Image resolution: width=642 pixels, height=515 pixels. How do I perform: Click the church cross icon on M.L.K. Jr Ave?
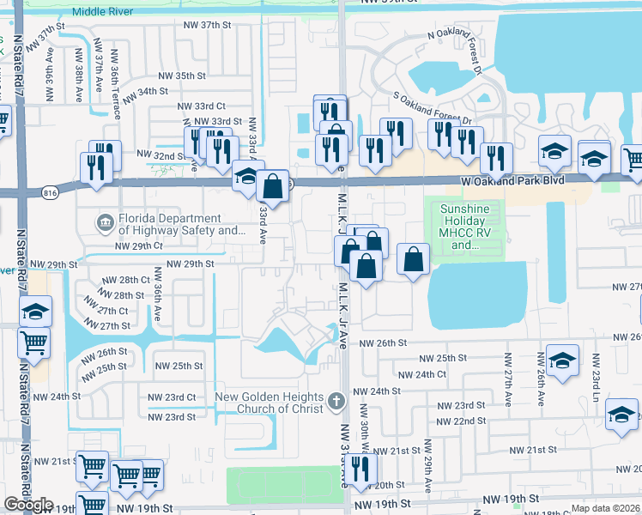click(x=336, y=400)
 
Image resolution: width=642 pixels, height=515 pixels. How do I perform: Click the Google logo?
click(x=28, y=505)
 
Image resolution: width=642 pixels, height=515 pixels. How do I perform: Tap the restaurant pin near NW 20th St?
click(x=360, y=468)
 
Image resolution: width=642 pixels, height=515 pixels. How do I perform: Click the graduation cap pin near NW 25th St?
click(x=561, y=360)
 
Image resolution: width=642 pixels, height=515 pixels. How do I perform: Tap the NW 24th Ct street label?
click(x=423, y=374)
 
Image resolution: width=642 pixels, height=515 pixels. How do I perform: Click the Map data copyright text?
click(x=605, y=508)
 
